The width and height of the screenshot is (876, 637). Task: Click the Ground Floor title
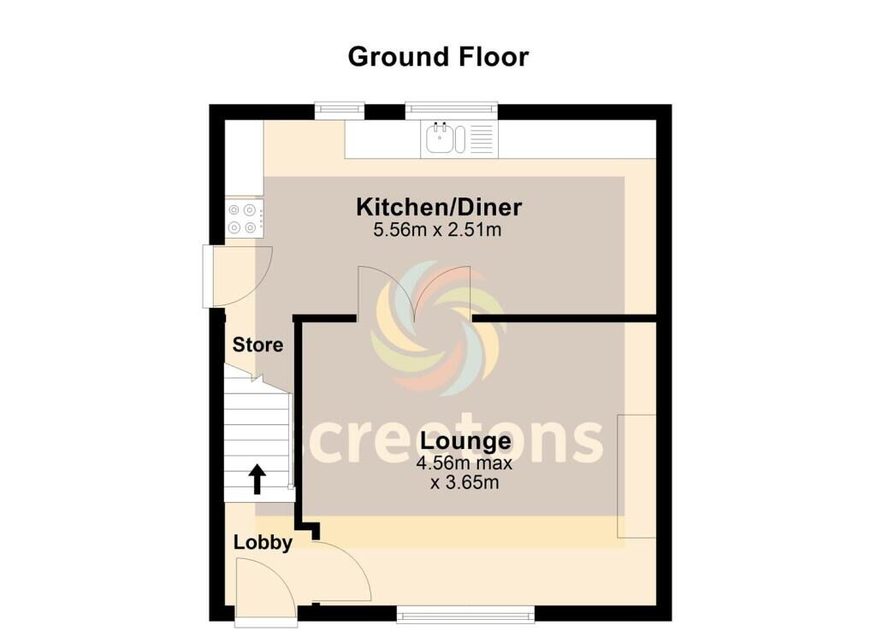(x=438, y=57)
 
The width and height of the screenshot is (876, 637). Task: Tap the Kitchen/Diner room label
(x=439, y=207)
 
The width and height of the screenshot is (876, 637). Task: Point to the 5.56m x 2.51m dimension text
(x=437, y=229)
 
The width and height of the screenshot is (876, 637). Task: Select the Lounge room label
(x=465, y=440)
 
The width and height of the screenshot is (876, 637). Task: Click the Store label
(x=257, y=345)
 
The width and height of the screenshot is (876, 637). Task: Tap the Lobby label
(x=263, y=543)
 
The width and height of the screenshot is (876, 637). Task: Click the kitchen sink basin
(x=441, y=139)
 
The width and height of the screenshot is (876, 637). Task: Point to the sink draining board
(x=482, y=139)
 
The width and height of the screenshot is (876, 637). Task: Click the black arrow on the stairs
(x=257, y=479)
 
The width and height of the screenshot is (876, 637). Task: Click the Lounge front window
(x=465, y=616)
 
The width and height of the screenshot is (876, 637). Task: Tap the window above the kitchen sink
(x=452, y=110)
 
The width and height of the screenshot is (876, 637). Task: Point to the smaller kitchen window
(x=340, y=110)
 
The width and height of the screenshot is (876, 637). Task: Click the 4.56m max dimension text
(x=465, y=463)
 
